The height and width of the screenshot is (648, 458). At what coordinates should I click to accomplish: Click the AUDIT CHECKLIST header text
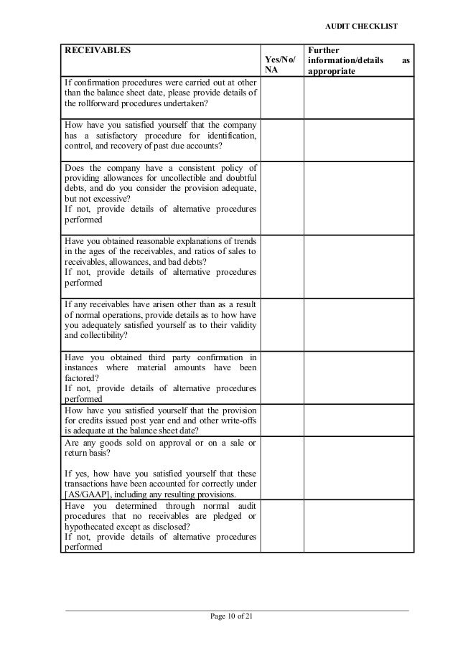[x=361, y=26]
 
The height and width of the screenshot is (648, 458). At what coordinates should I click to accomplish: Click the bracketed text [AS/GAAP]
[x=87, y=494]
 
